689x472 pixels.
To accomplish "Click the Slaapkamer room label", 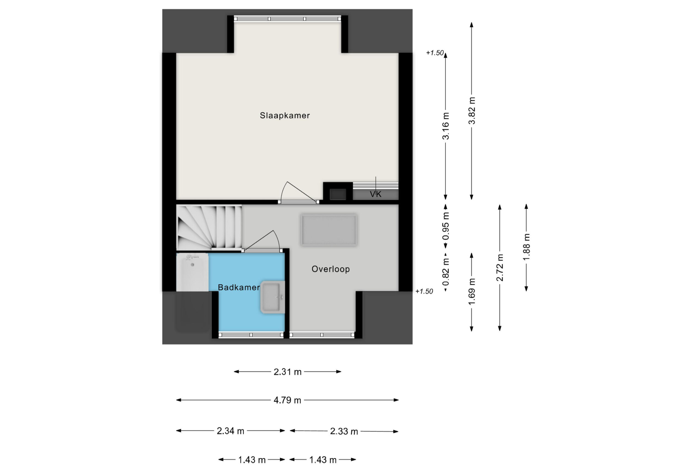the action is [285, 116].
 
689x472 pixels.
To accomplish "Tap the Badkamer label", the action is [239, 287].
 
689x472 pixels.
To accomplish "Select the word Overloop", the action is [330, 269].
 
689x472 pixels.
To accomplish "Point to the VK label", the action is [375, 194].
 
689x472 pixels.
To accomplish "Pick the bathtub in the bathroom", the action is [192, 273].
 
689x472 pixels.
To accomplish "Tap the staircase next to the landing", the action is [209, 227].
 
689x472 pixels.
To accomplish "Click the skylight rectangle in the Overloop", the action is [329, 230].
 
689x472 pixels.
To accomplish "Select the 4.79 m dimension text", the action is [287, 400].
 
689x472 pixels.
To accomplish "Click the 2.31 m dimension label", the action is [287, 372].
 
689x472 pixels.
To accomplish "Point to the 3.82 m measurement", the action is [472, 110].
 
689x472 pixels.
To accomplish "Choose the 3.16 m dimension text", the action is [446, 126].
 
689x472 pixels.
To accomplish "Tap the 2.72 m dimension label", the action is [500, 268].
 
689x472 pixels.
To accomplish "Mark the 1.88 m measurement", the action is [526, 247].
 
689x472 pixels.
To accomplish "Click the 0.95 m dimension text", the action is [446, 226].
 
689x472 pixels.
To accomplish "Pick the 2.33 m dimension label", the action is [344, 432].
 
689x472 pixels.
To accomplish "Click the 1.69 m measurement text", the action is [472, 292].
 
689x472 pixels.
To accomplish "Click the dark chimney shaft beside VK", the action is [338, 194].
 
